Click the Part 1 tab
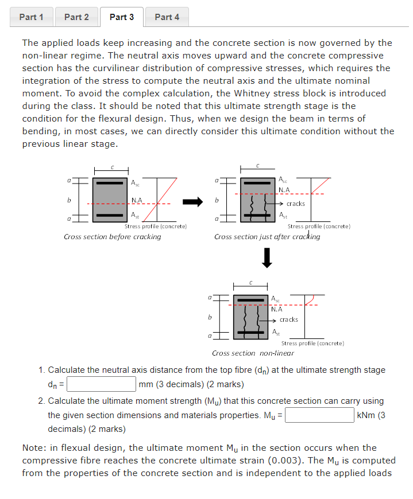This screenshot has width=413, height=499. click(x=31, y=17)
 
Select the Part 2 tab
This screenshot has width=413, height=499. click(x=76, y=17)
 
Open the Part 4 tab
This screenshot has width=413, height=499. click(x=167, y=17)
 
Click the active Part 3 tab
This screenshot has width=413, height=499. click(x=122, y=17)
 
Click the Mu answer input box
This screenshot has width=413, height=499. click(x=319, y=415)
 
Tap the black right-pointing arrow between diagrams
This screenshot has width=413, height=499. click(x=193, y=202)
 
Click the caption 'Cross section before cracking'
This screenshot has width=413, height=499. click(x=112, y=237)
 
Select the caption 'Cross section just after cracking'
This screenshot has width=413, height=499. click(x=267, y=237)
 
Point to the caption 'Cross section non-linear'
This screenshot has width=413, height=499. click(x=253, y=353)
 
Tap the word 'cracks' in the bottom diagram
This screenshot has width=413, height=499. click(x=289, y=319)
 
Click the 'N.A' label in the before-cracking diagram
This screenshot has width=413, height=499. click(x=137, y=200)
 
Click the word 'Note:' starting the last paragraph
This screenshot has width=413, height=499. click(x=35, y=448)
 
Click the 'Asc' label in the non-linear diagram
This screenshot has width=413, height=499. click(x=276, y=299)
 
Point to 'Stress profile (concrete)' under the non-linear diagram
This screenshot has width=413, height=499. click(x=312, y=343)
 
